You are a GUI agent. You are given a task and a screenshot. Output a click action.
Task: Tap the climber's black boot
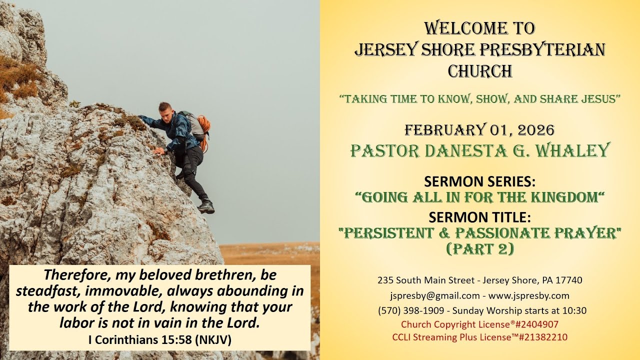click(206, 206)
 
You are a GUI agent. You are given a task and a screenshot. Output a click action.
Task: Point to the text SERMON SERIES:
click(479, 181)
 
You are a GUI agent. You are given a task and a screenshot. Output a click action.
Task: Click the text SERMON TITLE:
click(479, 217)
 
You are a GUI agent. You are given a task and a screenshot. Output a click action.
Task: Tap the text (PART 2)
click(479, 248)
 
